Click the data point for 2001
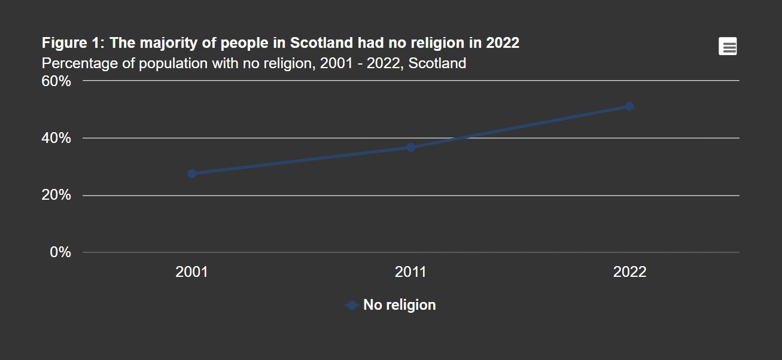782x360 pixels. click(192, 173)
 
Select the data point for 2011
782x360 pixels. click(411, 147)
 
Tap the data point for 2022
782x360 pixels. click(629, 106)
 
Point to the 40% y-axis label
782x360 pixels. click(57, 138)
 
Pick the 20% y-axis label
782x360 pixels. click(57, 196)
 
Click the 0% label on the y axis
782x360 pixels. click(61, 252)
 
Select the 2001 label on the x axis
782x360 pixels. click(191, 272)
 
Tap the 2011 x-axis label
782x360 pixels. click(410, 272)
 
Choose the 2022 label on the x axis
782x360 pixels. click(630, 272)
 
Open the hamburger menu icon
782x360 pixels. click(728, 47)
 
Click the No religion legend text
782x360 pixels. click(400, 305)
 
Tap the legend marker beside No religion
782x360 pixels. click(352, 305)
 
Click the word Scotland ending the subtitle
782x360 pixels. click(437, 63)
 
